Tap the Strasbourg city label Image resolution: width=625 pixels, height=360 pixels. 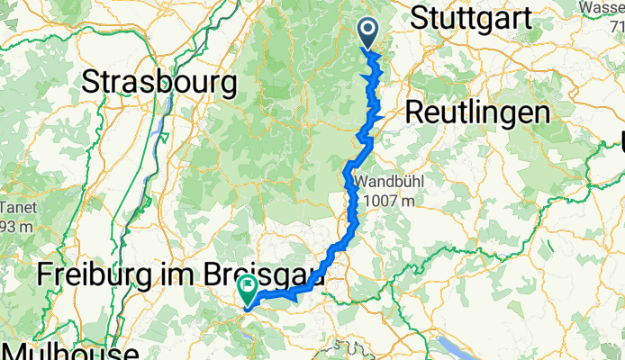click(159, 83)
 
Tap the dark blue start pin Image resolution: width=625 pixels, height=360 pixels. click(369, 32)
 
